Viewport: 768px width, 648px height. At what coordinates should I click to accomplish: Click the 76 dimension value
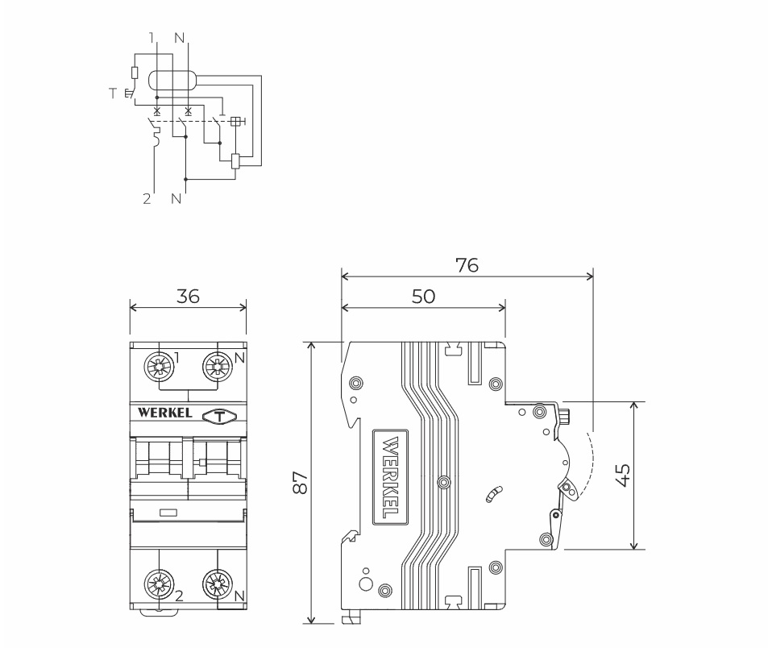click(x=467, y=264)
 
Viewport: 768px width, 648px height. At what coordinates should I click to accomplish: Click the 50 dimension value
click(x=423, y=296)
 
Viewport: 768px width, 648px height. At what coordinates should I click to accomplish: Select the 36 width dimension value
click(x=188, y=296)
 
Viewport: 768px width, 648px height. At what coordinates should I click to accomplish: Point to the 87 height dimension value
click(x=300, y=483)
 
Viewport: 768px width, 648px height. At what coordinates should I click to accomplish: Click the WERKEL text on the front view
click(x=165, y=413)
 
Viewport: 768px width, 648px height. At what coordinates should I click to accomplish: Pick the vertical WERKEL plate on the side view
click(x=390, y=477)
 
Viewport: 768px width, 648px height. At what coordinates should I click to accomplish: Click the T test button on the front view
click(x=219, y=416)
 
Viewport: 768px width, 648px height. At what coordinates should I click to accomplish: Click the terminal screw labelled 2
click(x=158, y=584)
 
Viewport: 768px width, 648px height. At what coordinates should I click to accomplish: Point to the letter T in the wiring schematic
click(x=113, y=93)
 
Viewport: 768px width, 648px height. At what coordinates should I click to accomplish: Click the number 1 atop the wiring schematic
click(x=152, y=37)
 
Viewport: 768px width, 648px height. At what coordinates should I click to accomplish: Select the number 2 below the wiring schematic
click(x=147, y=198)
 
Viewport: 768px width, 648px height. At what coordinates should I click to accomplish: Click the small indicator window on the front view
click(x=169, y=512)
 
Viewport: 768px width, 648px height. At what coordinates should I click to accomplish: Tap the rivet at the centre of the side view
click(x=442, y=482)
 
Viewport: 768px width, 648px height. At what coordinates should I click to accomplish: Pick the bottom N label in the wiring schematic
click(x=176, y=198)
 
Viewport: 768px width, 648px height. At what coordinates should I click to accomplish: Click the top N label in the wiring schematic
click(x=179, y=37)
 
